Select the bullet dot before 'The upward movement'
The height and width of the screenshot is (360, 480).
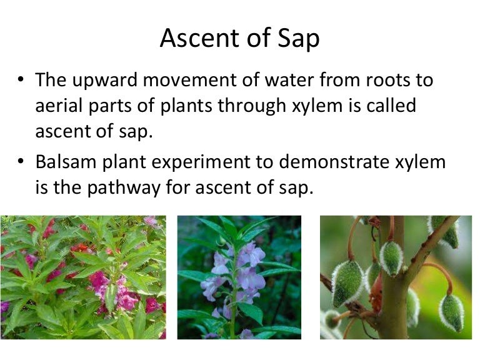pyautogui.click(x=22, y=81)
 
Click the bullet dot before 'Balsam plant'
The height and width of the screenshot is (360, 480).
pyautogui.click(x=22, y=162)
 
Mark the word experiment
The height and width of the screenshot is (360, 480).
pyautogui.click(x=218, y=163)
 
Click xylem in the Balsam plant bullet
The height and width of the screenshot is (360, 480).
pyautogui.click(x=422, y=163)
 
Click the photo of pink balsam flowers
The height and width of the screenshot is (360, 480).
pyautogui.click(x=83, y=277)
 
